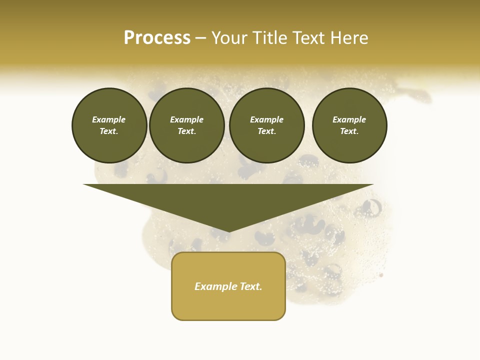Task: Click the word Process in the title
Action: pos(157,38)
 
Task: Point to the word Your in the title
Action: pos(230,38)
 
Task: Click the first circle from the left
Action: pos(109,125)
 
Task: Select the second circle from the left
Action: pos(187,125)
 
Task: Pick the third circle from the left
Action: pos(266,125)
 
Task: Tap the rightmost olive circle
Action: pos(349,125)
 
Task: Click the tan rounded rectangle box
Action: pos(228,286)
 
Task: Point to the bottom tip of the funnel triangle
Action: pos(228,231)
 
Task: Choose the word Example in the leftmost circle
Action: pos(109,120)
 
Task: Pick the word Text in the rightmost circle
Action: pos(349,131)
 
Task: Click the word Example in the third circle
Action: pos(266,120)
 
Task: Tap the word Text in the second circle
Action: pos(186,131)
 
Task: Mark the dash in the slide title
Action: pos(201,38)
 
